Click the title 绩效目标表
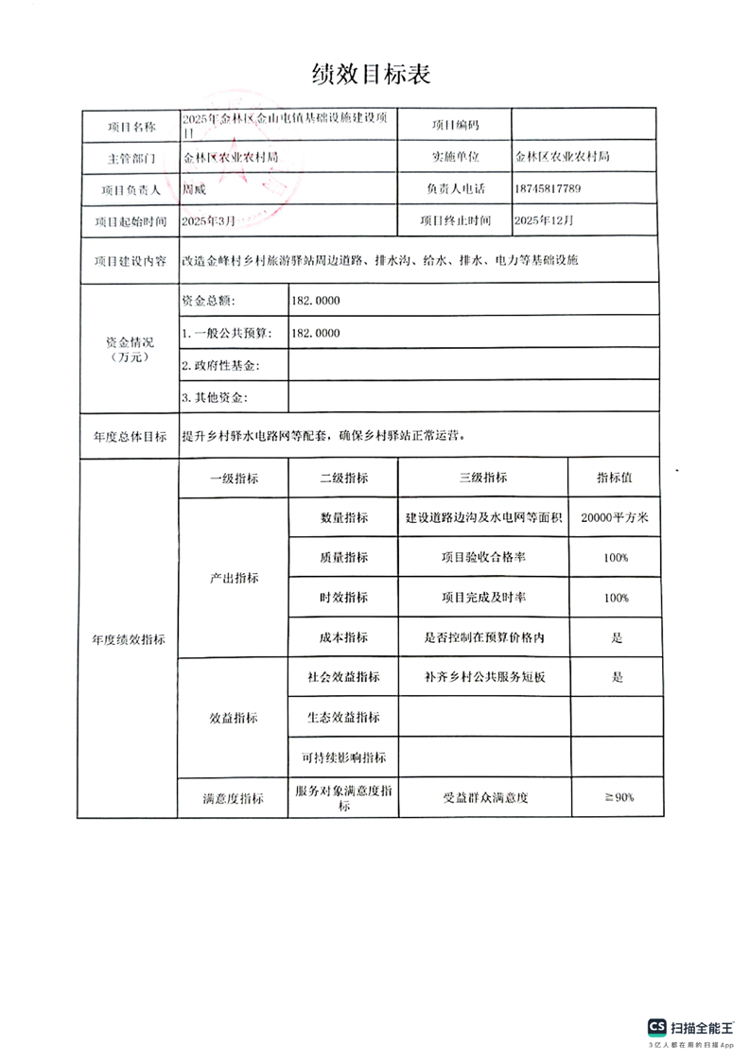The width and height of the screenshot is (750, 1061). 371,74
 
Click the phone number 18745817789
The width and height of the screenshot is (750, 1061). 549,189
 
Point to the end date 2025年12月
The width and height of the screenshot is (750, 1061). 543,221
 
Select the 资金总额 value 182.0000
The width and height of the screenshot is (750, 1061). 316,301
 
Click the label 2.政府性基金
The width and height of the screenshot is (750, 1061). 220,365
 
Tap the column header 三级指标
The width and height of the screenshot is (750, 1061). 482,478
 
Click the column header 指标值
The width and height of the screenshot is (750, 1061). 614,478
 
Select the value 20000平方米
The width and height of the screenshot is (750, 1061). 614,517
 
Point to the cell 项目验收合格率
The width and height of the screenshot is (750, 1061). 483,558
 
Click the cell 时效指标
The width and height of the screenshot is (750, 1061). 343,599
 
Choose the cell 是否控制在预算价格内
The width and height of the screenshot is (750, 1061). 483,638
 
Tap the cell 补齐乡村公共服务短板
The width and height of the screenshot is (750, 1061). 483,677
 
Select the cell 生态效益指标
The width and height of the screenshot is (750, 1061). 343,717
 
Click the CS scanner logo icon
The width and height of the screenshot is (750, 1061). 656,1027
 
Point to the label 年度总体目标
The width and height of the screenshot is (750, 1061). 130,437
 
